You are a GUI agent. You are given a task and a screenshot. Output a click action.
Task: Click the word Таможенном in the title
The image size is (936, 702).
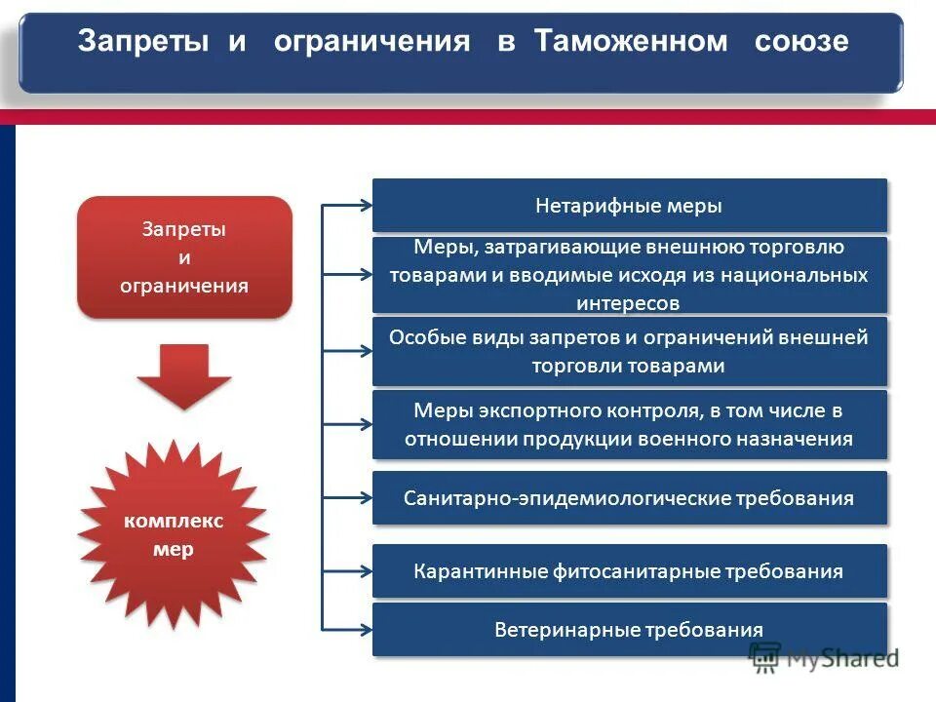[631, 42]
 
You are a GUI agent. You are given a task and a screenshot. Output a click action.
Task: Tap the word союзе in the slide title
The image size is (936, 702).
[799, 42]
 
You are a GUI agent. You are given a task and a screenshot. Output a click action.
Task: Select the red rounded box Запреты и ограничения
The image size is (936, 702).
[184, 257]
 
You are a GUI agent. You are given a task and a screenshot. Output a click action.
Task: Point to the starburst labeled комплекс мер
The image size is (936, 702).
[174, 534]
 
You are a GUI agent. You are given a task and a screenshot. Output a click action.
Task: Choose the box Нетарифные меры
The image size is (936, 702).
[629, 206]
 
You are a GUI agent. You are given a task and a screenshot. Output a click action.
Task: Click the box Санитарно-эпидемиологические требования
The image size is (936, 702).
[629, 498]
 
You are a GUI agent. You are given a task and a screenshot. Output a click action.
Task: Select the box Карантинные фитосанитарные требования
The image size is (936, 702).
[629, 571]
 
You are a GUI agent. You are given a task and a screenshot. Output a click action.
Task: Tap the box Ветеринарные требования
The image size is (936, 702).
[629, 630]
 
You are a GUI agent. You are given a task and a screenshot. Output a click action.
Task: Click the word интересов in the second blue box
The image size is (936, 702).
[629, 303]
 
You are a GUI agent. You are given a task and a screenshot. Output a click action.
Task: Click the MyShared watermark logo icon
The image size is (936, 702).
[765, 656]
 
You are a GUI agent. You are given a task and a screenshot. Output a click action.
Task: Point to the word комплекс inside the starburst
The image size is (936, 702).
[174, 521]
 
